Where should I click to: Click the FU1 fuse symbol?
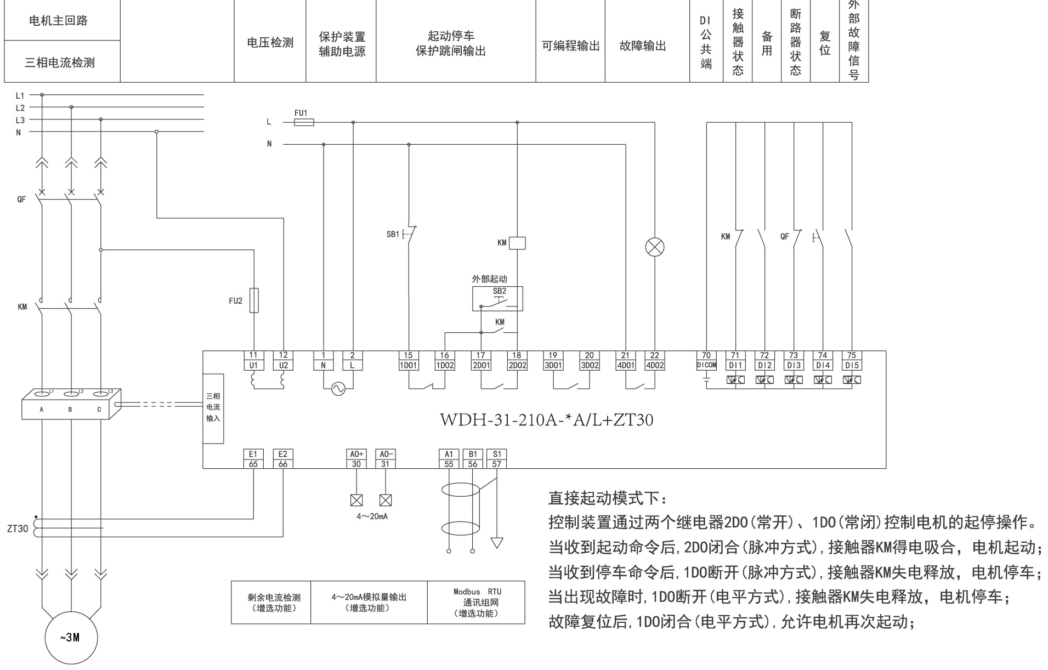pos(304,122)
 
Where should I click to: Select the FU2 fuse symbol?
pos(254,300)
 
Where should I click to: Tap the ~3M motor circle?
pos(71,638)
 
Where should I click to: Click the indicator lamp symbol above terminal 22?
pos(654,247)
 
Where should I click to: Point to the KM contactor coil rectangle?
pos(517,243)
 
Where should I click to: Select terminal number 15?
pos(408,355)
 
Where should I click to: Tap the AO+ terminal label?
pos(356,454)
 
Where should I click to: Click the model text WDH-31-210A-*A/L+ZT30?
pos(546,420)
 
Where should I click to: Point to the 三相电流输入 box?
pos(213,408)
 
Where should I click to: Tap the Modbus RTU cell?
pos(477,603)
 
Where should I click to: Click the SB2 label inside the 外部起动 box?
pos(499,291)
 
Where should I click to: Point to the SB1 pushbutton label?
pos(393,234)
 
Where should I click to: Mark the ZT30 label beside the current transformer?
pos(18,529)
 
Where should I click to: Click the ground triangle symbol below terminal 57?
pos(497,543)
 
